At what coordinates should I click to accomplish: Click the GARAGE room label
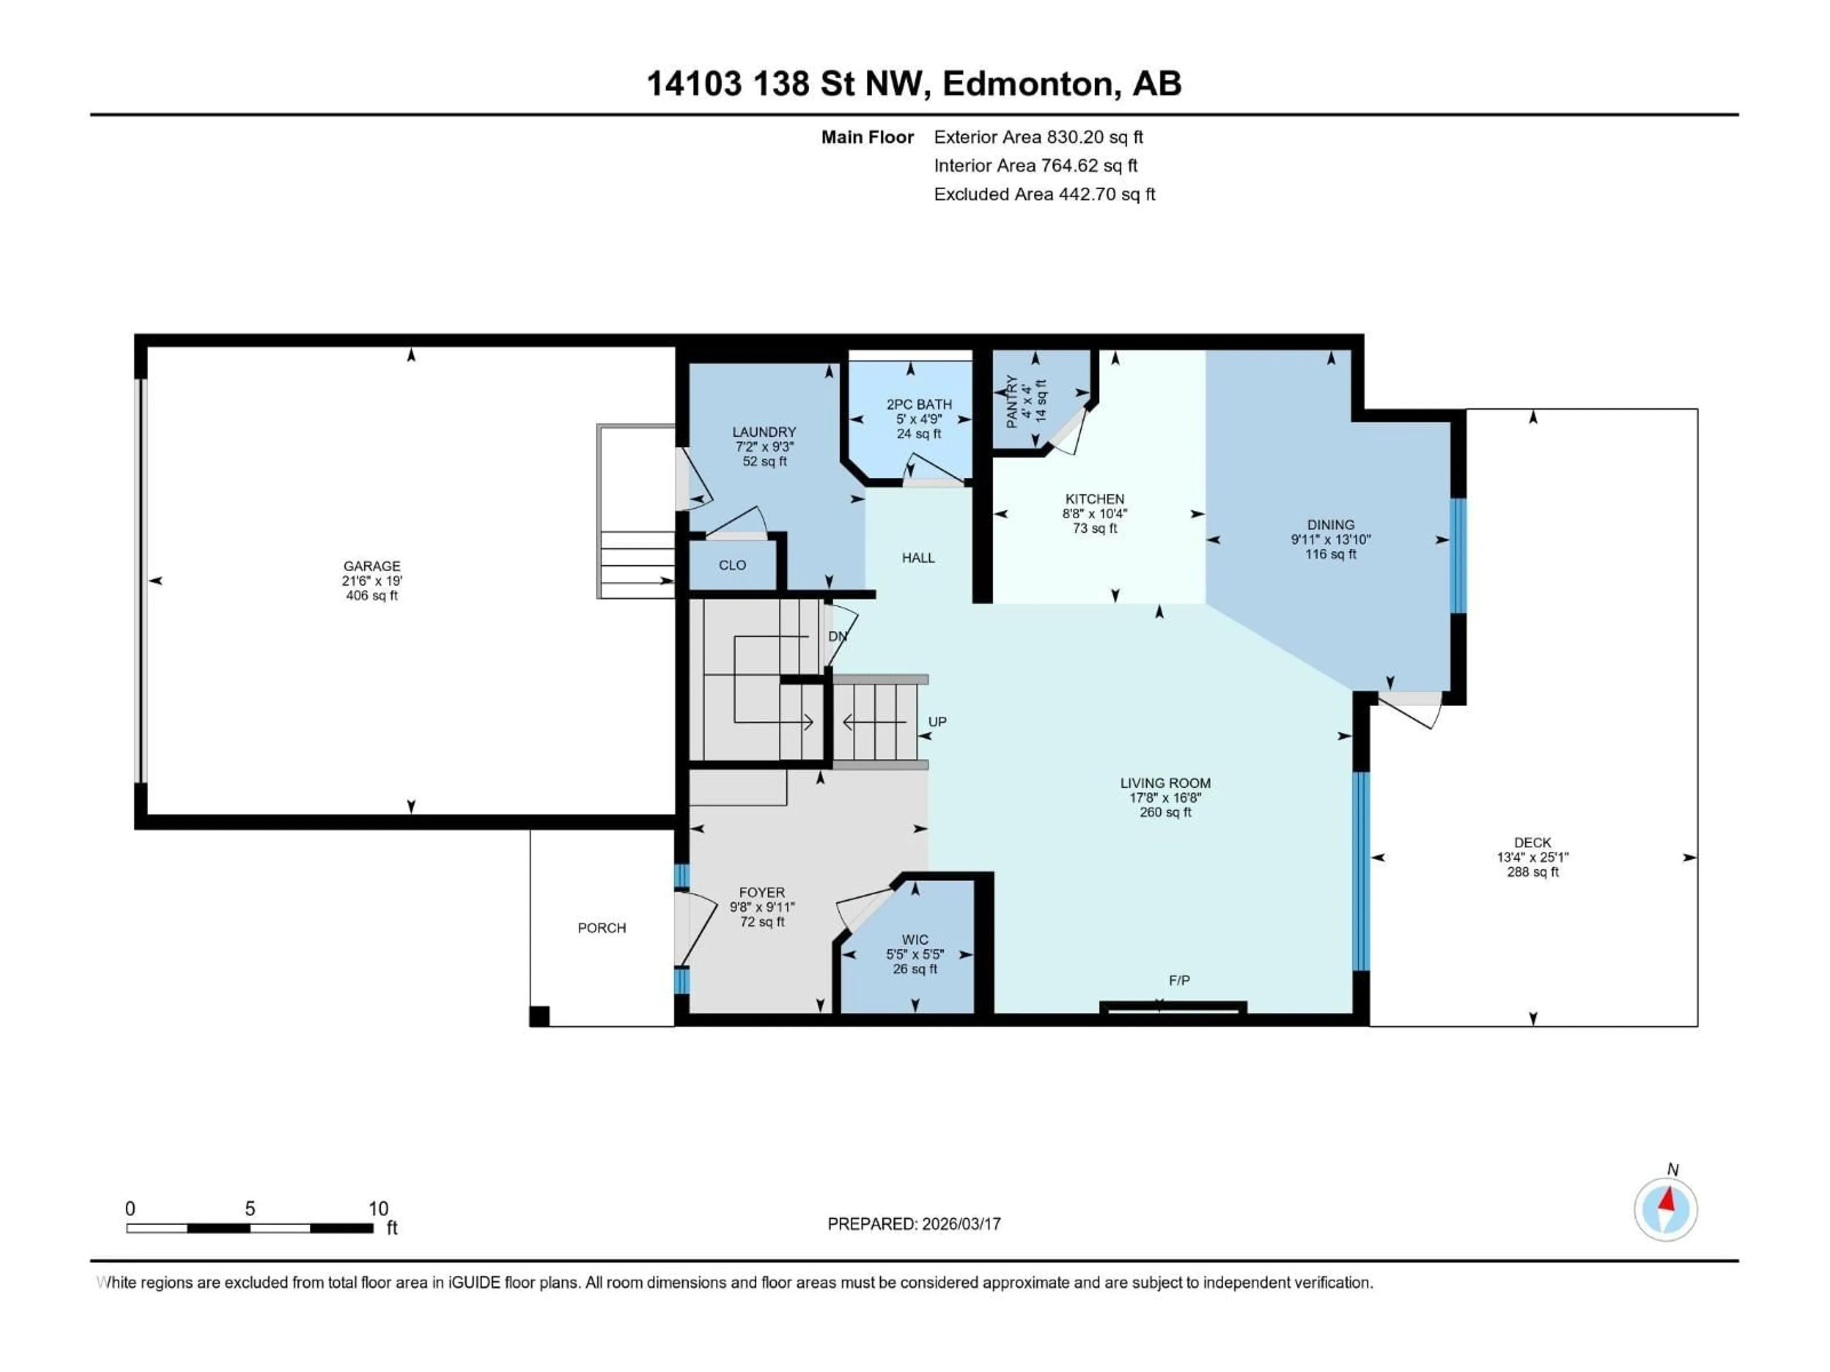(371, 565)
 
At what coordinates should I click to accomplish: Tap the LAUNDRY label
(763, 432)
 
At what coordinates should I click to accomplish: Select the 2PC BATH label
(918, 404)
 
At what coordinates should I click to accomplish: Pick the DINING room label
(1330, 525)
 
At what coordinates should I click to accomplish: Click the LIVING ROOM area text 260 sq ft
(1165, 812)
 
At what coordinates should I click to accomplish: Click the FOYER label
(761, 892)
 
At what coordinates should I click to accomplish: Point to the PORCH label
(601, 928)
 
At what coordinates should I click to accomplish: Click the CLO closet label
(732, 565)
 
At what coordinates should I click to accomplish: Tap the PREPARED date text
(914, 1224)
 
